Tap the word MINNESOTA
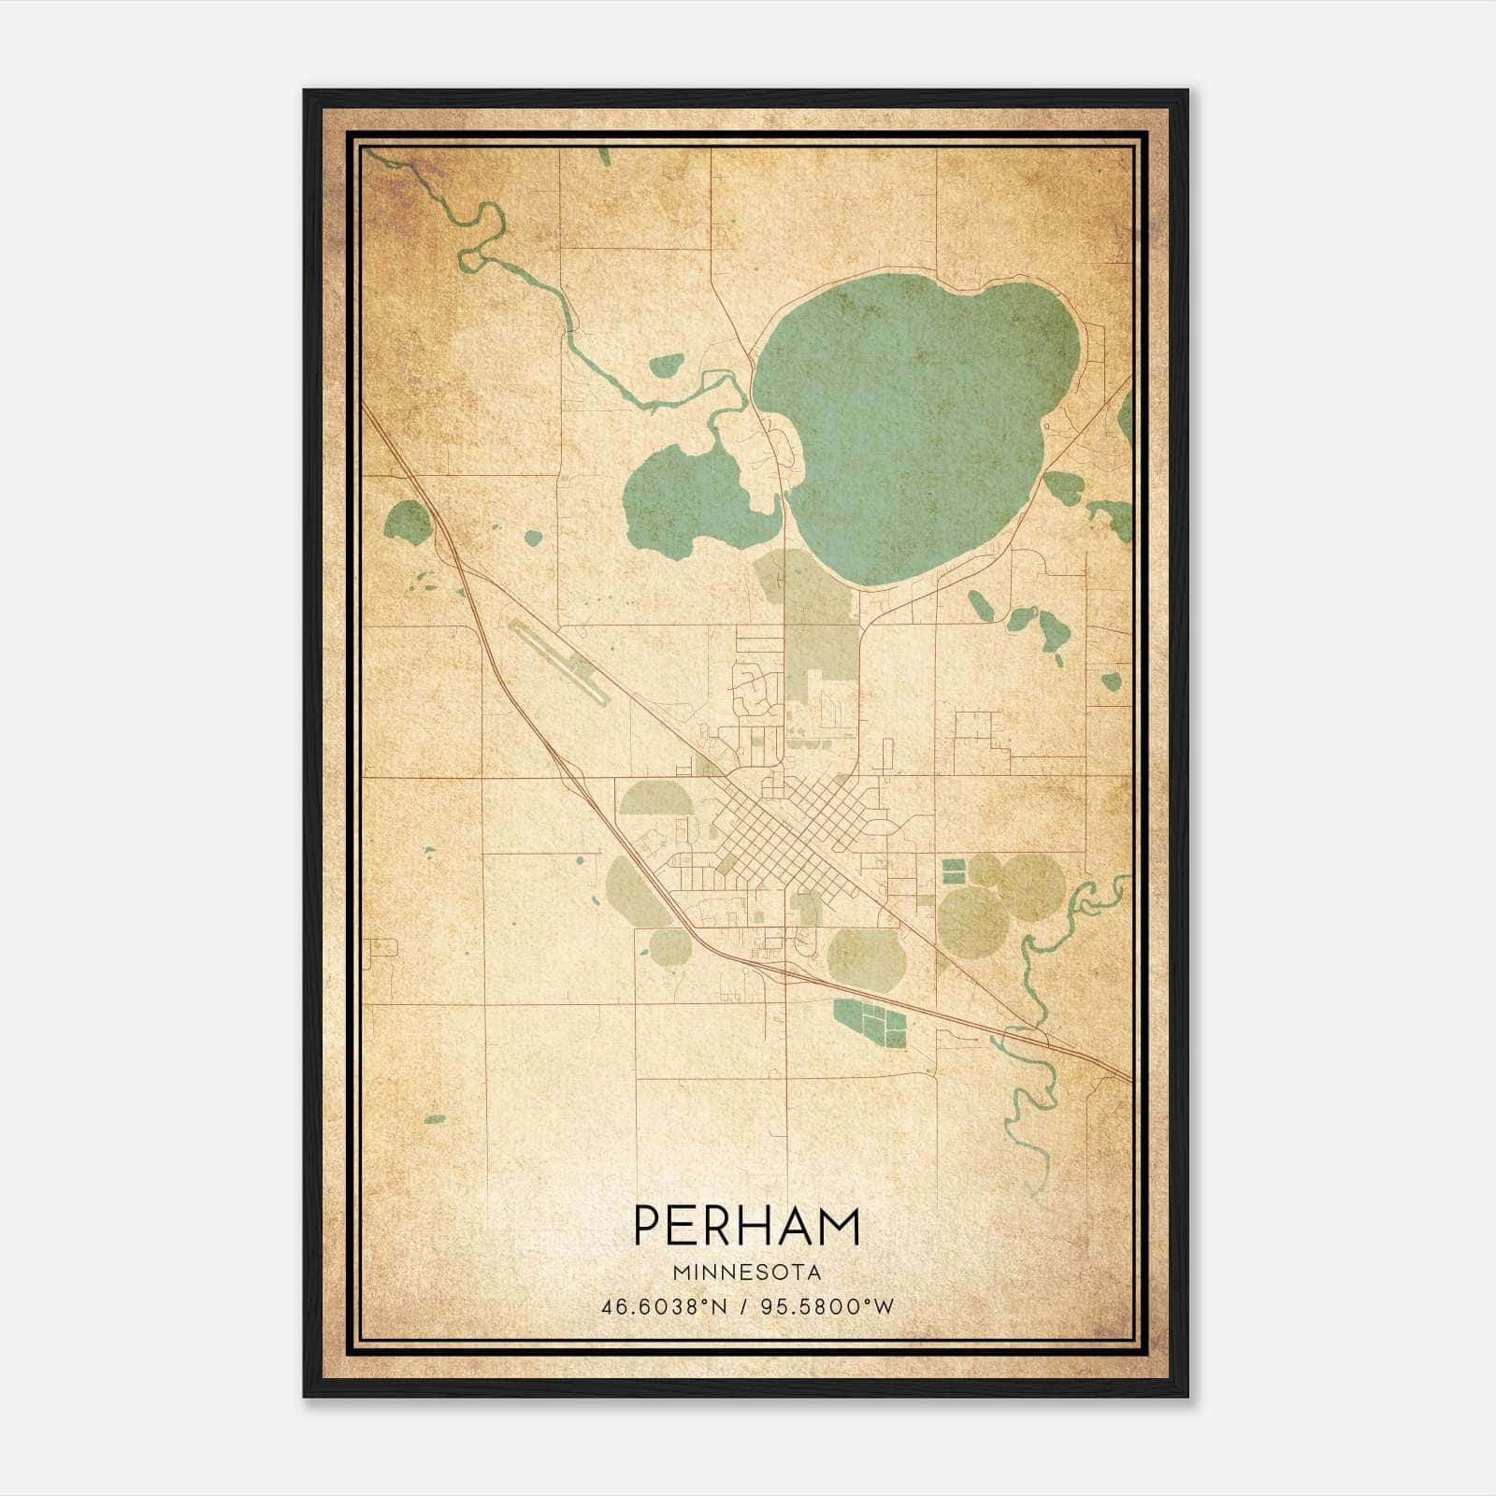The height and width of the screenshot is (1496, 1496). [x=746, y=1273]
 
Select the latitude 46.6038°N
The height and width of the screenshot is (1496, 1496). [x=665, y=1306]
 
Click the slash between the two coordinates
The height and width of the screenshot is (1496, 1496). [x=745, y=1306]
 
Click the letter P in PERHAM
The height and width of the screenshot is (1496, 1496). [x=650, y=1226]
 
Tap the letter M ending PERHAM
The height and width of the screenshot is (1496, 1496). [x=839, y=1226]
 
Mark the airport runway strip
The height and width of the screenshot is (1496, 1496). [x=559, y=662]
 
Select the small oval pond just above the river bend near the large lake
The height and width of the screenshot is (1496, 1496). [x=666, y=365]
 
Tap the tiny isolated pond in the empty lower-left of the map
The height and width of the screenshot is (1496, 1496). [x=435, y=1118]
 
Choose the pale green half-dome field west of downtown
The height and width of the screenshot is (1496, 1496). [x=652, y=798]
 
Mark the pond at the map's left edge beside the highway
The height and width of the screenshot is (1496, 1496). [x=408, y=521]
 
